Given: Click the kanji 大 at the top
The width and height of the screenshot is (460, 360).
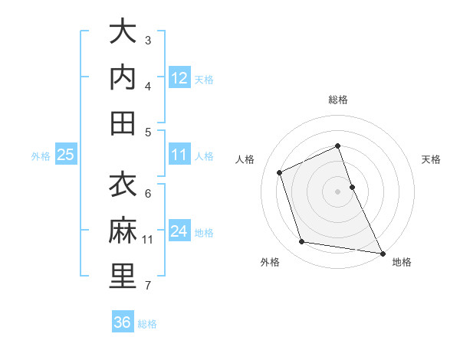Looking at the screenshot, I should (x=123, y=32).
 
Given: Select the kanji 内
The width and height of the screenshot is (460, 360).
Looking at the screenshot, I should (x=123, y=77).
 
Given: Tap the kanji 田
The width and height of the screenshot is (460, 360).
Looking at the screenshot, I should (x=123, y=123).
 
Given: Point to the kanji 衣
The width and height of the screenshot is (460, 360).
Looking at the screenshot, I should (x=123, y=185).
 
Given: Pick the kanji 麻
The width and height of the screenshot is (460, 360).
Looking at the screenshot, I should (x=123, y=231).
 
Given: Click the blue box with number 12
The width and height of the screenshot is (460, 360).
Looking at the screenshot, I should (x=179, y=78).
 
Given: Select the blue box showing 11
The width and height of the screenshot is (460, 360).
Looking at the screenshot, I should (x=179, y=155).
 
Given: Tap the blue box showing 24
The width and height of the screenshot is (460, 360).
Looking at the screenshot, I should (x=179, y=231).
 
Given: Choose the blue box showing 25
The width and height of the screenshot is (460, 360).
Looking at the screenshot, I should (x=66, y=155).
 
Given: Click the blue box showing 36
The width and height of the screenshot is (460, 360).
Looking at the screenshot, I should (x=123, y=322).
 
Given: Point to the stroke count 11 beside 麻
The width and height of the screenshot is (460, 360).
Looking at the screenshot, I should (x=148, y=240).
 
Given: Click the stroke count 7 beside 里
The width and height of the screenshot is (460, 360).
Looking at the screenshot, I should (x=148, y=286).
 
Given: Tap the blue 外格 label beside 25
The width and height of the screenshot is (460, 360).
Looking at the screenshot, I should (x=41, y=156).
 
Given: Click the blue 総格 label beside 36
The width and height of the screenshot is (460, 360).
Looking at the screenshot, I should (x=147, y=324).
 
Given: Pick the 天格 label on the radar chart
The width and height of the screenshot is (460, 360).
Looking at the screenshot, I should (x=432, y=159).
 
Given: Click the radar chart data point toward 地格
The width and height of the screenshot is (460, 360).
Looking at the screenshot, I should (x=382, y=252).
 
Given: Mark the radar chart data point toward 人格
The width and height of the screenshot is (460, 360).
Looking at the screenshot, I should (x=280, y=172).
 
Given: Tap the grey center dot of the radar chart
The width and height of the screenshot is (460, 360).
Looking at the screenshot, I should (x=337, y=191).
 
